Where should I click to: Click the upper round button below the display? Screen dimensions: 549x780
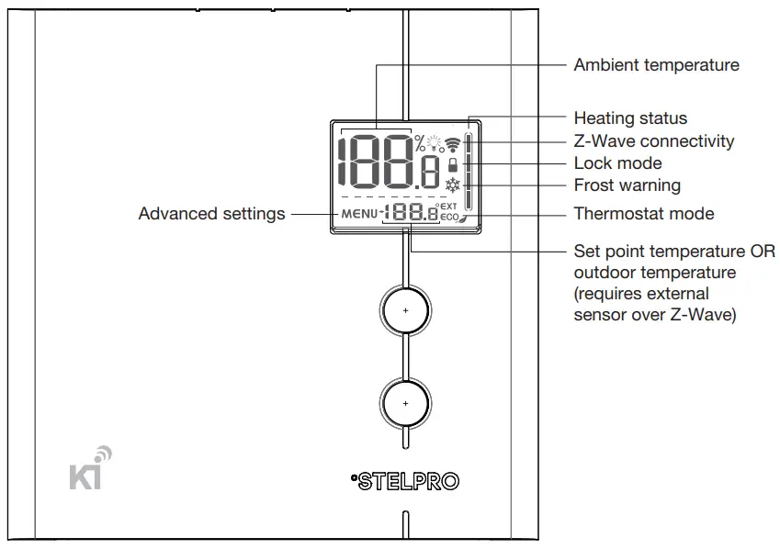(x=405, y=310)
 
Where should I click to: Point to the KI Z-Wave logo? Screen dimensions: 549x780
(x=91, y=469)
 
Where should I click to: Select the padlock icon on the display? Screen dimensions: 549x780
(x=451, y=164)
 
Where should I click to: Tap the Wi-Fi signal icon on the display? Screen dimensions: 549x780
(x=452, y=143)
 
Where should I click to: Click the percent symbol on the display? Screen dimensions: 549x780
(x=420, y=142)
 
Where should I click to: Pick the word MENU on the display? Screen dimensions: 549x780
(x=359, y=215)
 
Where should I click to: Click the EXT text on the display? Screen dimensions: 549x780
(x=448, y=207)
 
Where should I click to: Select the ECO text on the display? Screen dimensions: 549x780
(x=448, y=218)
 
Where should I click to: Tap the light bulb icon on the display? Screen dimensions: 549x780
(x=435, y=143)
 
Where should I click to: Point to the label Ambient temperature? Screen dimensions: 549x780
(x=656, y=65)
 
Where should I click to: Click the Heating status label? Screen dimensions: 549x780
(x=630, y=118)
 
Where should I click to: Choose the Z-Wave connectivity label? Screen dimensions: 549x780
(x=654, y=141)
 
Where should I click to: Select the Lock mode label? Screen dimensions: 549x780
(x=617, y=163)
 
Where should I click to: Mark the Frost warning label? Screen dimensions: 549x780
(x=627, y=185)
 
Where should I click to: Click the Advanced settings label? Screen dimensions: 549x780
(x=211, y=214)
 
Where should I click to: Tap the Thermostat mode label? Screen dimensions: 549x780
(x=643, y=214)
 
